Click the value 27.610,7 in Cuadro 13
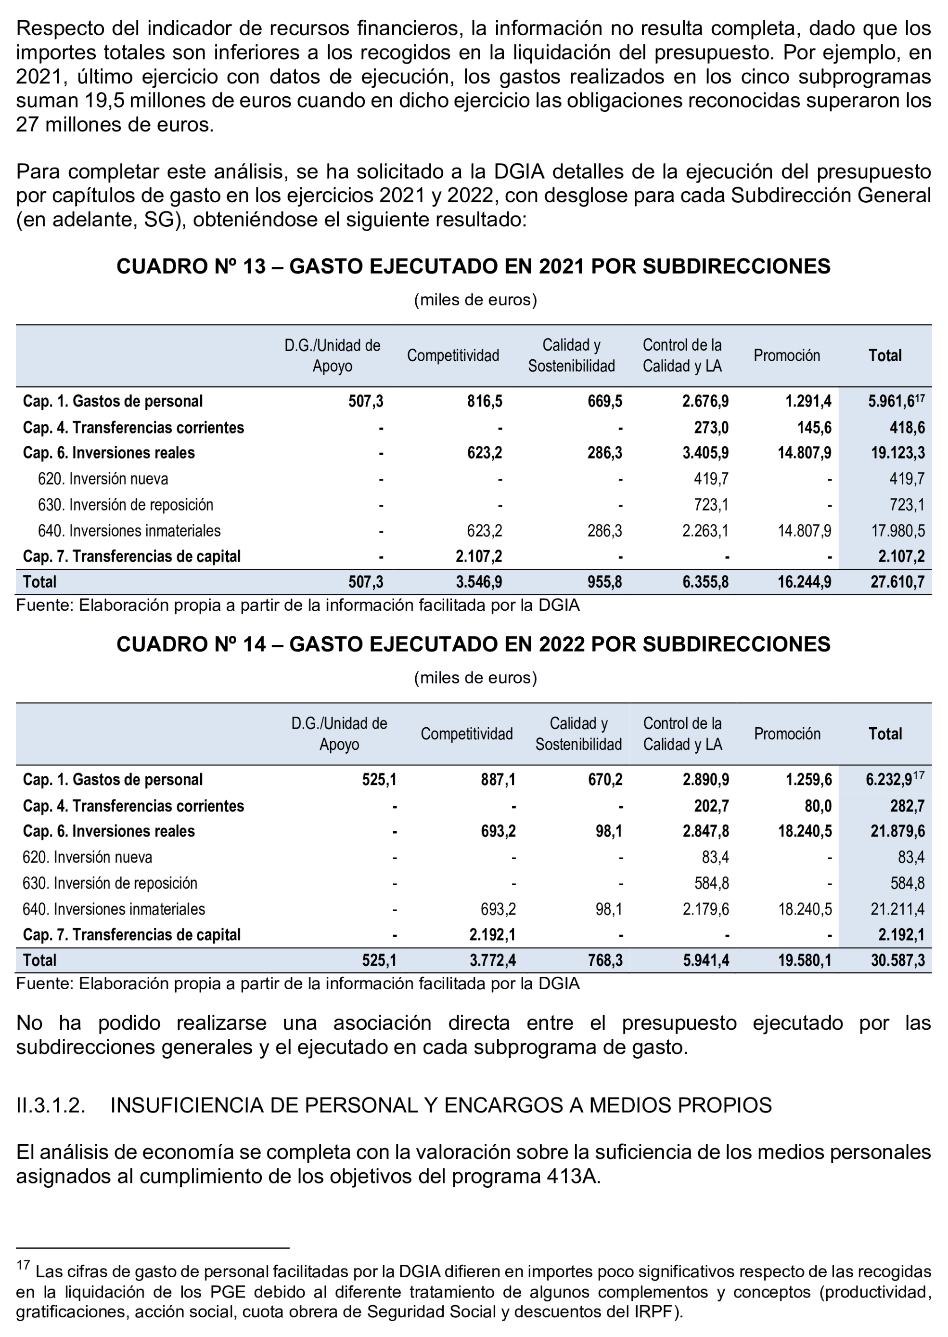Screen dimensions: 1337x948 897,582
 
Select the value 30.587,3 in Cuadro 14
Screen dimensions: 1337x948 897,960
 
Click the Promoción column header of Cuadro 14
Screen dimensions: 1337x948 787,734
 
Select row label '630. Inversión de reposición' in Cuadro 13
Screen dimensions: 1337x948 126,505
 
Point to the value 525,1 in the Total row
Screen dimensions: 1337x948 379,960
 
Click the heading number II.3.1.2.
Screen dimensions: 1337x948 51,1105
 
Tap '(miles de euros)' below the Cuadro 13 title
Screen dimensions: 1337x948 475,300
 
